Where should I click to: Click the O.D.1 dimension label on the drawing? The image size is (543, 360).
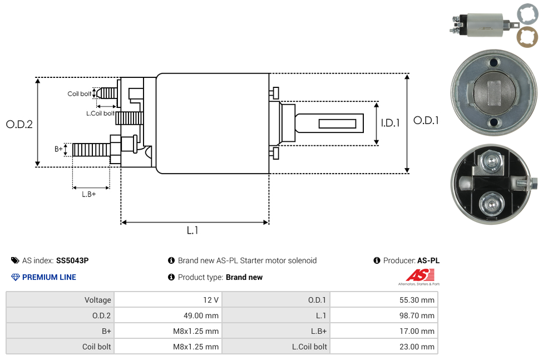coord(426,120)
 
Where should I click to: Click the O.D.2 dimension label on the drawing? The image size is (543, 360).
coord(19,125)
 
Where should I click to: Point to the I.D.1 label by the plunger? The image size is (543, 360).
coord(390,124)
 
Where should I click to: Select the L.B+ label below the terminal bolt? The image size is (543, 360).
coord(89,194)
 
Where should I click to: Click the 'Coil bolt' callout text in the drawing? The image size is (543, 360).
coord(80,94)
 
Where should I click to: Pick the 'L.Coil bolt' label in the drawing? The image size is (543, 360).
coord(100,114)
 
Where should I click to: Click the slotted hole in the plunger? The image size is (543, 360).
coord(338,123)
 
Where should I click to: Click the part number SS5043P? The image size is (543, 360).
coord(72,260)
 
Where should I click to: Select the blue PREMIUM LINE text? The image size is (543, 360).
coord(49,277)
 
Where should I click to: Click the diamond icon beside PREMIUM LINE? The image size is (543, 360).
coord(16,277)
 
